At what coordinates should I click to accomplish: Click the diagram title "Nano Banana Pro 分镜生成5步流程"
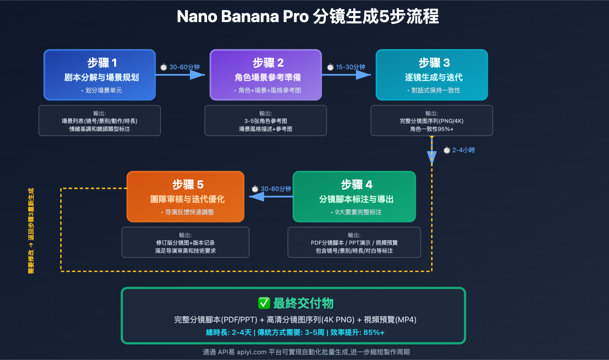click(308, 17)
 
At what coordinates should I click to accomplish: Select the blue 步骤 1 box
click(100, 75)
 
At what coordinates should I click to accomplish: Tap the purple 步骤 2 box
click(266, 75)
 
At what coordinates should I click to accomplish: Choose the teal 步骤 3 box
click(432, 75)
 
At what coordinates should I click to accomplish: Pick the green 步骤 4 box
click(354, 197)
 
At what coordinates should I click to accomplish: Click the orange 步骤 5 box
click(185, 197)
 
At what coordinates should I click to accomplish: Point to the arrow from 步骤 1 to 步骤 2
click(180, 75)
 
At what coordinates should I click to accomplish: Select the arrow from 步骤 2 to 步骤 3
click(346, 75)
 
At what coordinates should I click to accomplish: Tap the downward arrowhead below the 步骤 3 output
click(432, 157)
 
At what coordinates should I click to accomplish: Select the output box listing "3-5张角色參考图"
click(266, 121)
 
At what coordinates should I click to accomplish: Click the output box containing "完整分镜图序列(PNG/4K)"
click(432, 121)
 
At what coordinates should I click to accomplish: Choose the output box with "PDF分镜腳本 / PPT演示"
click(354, 242)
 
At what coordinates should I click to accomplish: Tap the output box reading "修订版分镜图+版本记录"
click(185, 242)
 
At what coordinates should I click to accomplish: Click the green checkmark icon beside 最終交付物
click(264, 303)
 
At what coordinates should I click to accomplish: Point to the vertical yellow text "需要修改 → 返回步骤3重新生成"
click(31, 231)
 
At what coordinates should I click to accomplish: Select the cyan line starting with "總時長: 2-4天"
click(295, 332)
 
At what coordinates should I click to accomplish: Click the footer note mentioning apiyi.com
click(306, 352)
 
